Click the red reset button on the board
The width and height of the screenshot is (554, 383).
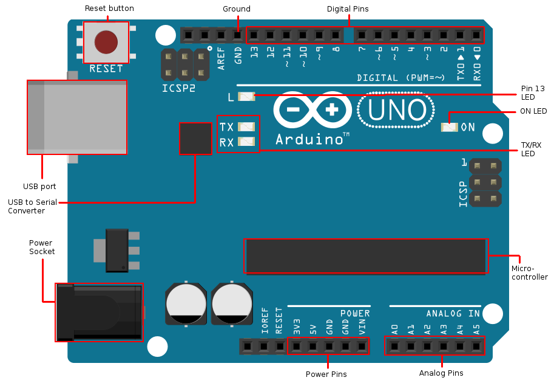tap(106, 41)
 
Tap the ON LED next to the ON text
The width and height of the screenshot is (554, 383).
tap(449, 127)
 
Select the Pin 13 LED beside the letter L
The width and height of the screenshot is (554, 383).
tap(246, 96)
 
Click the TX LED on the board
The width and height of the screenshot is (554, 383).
tap(246, 126)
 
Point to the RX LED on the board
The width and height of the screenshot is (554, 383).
tap(246, 142)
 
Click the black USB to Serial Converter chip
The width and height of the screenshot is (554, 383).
tap(195, 139)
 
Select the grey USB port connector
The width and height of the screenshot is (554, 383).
tap(77, 117)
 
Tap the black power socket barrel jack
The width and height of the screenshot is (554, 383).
tap(100, 312)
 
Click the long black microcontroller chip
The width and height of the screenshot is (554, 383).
tap(366, 256)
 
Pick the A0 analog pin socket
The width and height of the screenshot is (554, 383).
tap(394, 347)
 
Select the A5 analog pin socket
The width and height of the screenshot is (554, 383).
tap(476, 347)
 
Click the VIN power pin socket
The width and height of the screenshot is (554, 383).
tap(362, 347)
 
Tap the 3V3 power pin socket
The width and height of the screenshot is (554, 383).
tap(296, 347)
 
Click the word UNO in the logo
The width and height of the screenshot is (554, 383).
tap(396, 110)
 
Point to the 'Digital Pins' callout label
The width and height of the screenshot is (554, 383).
tap(348, 9)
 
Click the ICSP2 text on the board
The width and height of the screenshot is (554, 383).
tap(179, 88)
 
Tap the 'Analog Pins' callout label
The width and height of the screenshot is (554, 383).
tap(441, 373)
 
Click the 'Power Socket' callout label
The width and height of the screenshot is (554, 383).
tap(42, 247)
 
